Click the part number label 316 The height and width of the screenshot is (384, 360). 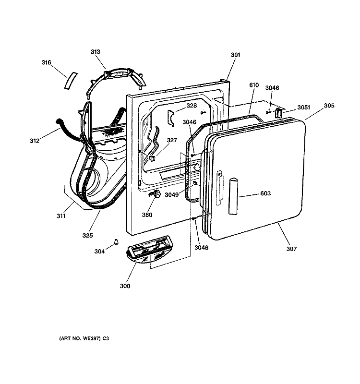point(46,62)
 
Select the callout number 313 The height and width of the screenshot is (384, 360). point(96,52)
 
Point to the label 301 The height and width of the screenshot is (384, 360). point(236,55)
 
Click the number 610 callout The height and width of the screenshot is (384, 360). point(254,85)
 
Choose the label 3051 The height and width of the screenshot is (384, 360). point(304,107)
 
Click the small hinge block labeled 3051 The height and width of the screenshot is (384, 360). point(279,113)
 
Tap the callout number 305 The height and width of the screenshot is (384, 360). point(329,106)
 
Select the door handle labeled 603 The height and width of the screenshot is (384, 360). point(233,196)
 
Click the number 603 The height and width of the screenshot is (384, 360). point(265,193)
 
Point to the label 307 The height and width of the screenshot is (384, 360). point(291,249)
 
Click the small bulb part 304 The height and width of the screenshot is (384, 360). point(116,242)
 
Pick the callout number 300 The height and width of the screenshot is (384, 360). point(125,286)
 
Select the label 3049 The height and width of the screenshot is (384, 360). point(172,195)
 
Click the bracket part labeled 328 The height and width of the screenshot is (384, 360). point(171,118)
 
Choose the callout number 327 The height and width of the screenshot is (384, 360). point(172,140)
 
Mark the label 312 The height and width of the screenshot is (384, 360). point(35,141)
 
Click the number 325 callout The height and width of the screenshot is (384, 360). point(87,235)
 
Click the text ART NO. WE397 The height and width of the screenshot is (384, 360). point(80,338)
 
